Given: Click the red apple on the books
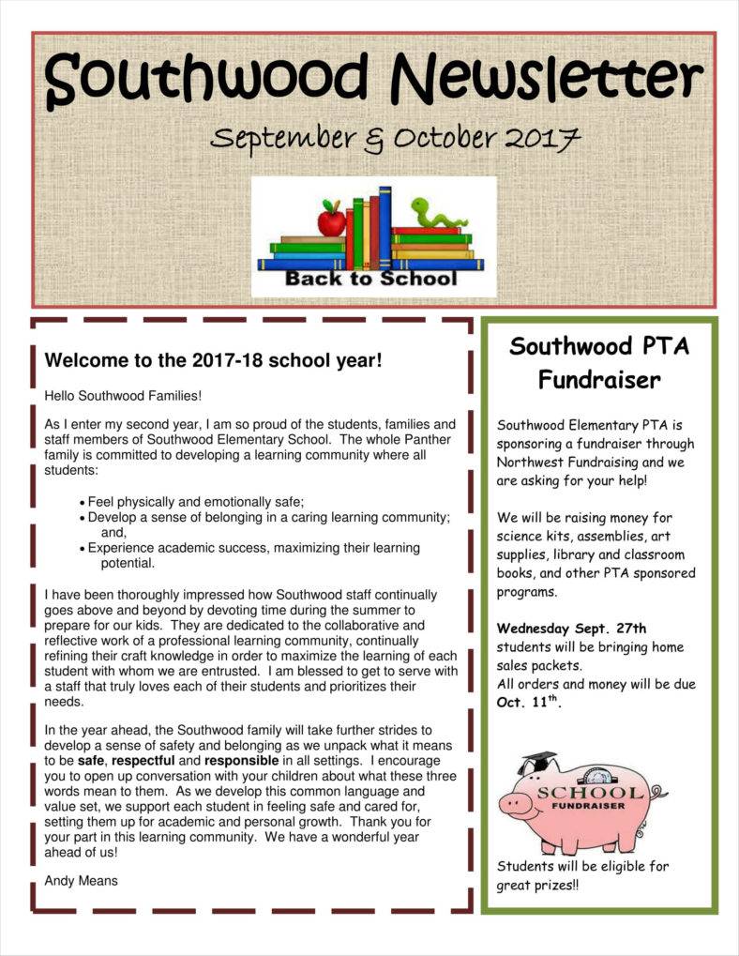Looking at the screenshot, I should point(331,220).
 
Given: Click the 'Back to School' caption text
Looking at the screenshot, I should point(370,279).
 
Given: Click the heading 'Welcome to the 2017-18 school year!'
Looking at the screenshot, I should point(214,360).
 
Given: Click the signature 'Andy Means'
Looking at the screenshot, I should point(81,880).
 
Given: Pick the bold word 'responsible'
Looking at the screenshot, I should point(241,760).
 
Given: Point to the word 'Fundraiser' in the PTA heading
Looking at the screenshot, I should point(599,380).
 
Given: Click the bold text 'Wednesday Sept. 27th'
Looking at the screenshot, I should point(571,628).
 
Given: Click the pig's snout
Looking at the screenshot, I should point(511,804).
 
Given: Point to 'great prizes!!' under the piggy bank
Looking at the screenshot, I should point(538,885).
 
